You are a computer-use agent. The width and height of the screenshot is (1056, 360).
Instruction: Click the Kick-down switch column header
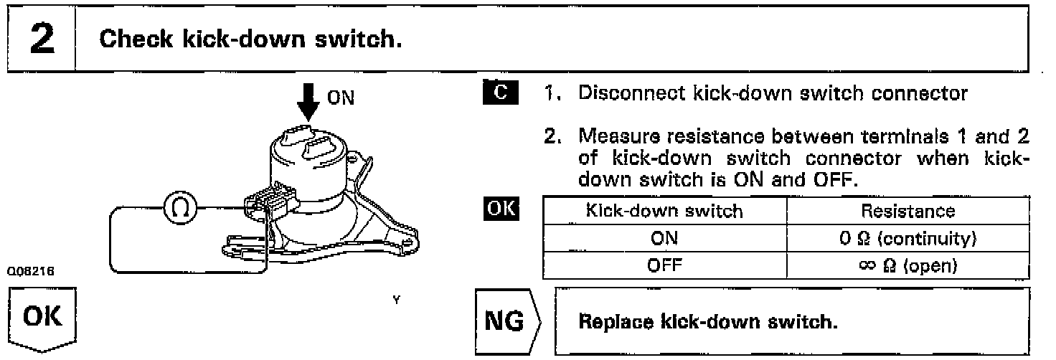pyautogui.click(x=664, y=211)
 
